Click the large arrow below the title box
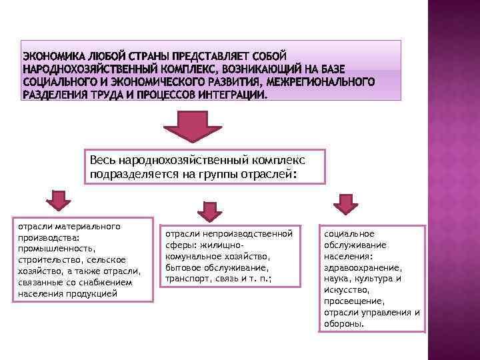(x=193, y=126)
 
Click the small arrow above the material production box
(x=57, y=201)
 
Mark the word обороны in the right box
(x=344, y=324)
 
